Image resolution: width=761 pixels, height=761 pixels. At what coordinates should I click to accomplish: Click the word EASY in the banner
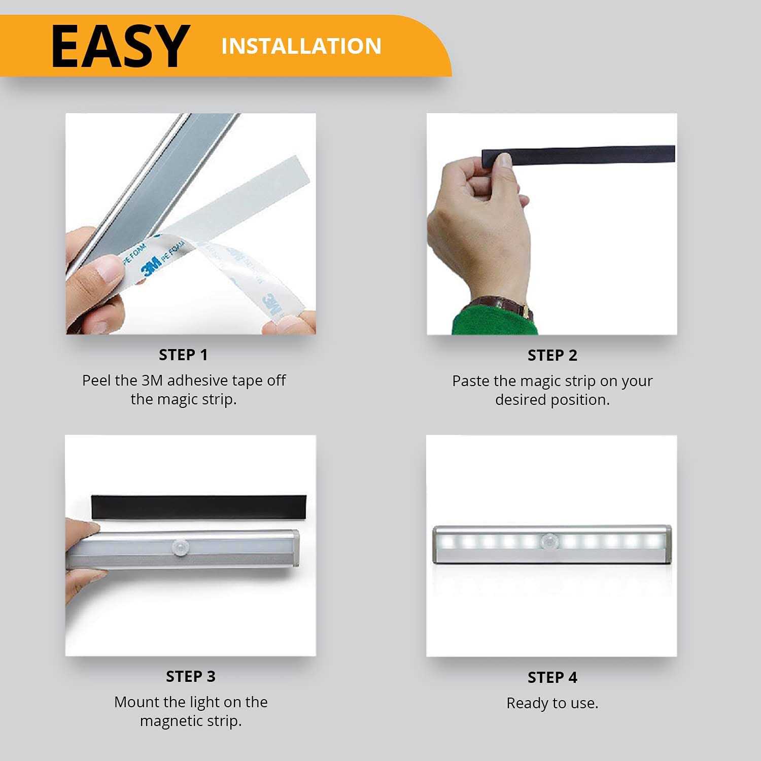click(x=120, y=46)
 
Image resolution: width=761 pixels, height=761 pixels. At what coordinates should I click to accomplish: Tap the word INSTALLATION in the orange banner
click(x=301, y=46)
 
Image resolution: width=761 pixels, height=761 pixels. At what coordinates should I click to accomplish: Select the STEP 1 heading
click(x=183, y=355)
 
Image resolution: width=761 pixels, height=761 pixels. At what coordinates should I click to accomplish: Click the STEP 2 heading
click(x=552, y=356)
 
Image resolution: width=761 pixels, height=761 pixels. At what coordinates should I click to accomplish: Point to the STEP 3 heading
click(x=190, y=676)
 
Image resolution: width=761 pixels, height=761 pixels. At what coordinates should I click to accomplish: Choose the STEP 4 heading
click(x=552, y=677)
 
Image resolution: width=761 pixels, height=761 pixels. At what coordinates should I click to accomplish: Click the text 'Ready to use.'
click(x=552, y=703)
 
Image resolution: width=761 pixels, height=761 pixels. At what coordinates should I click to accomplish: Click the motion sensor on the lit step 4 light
click(x=549, y=541)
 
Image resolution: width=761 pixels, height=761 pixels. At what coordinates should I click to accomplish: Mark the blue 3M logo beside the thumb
click(x=152, y=264)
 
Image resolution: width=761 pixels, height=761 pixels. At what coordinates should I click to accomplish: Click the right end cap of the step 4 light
click(x=667, y=544)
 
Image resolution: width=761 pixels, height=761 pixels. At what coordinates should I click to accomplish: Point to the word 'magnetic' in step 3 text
click(x=170, y=721)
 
